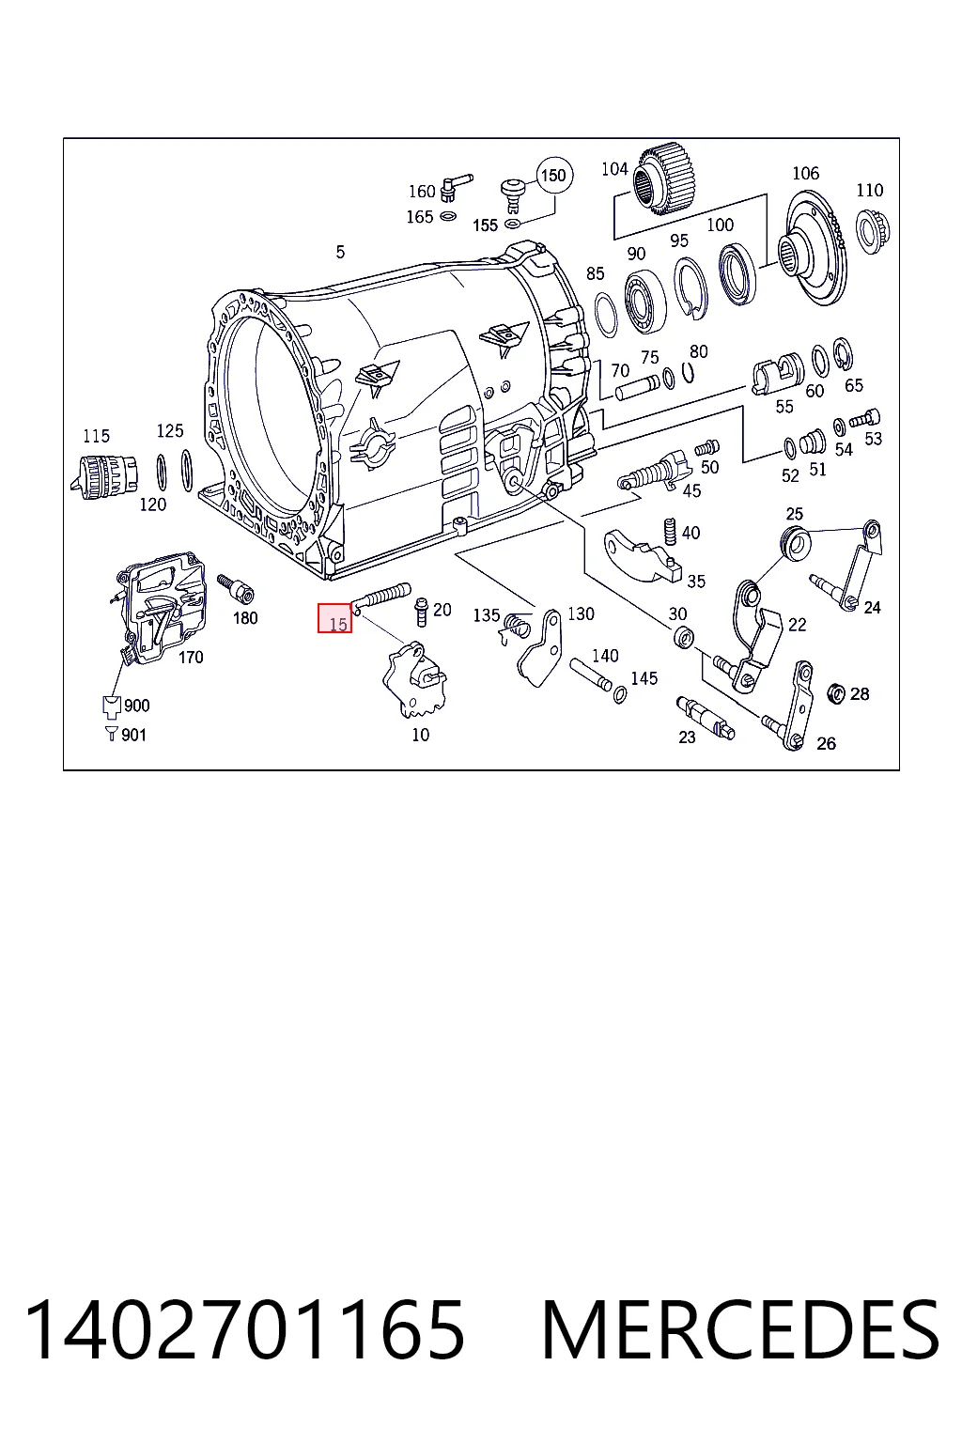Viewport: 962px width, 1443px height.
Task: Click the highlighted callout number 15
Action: tap(335, 618)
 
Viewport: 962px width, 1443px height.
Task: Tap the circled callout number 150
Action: tap(553, 176)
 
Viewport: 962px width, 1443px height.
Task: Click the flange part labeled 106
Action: tap(814, 249)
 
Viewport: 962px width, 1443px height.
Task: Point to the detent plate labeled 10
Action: tap(415, 679)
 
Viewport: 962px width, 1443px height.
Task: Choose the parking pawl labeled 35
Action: tap(642, 554)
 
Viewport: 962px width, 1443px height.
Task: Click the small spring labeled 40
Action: tap(671, 532)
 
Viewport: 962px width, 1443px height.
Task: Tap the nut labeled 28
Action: tap(836, 693)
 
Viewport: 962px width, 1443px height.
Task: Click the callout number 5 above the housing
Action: tap(340, 252)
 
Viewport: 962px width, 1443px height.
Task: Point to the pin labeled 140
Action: tap(591, 674)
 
